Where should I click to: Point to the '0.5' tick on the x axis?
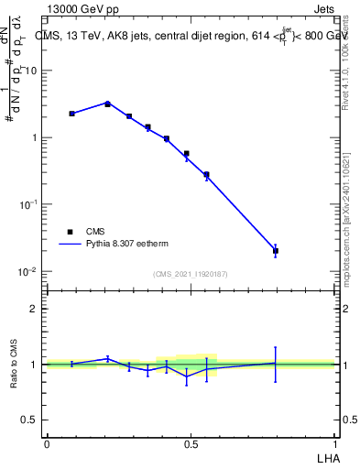pyautogui.click(x=191, y=444)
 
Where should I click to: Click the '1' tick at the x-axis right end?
pyautogui.click(x=334, y=444)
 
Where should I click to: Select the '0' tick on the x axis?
pyautogui.click(x=47, y=444)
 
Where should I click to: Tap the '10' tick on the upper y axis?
pyautogui.click(x=31, y=71)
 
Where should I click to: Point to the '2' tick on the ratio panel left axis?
pyautogui.click(x=34, y=309)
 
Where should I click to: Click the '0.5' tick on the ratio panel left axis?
pyautogui.click(x=30, y=420)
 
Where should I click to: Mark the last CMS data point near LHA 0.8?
pyautogui.click(x=276, y=250)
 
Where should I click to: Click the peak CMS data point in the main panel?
pyautogui.click(x=107, y=104)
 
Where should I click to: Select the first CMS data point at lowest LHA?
pyautogui.click(x=71, y=114)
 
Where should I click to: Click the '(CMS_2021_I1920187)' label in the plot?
pyautogui.click(x=191, y=274)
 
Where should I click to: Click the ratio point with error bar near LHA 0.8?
pyautogui.click(x=276, y=364)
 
